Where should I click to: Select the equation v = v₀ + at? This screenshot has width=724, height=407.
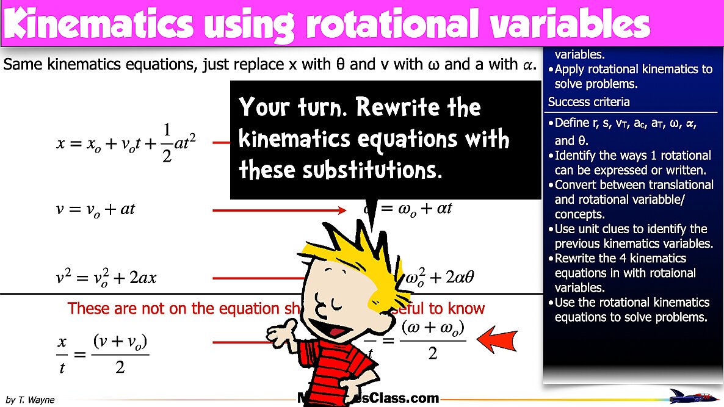[x=95, y=210]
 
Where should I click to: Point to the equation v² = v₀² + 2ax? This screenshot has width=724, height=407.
[x=106, y=278]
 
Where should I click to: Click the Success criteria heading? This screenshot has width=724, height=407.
[x=588, y=102]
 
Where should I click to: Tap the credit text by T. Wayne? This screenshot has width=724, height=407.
[x=30, y=400]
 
